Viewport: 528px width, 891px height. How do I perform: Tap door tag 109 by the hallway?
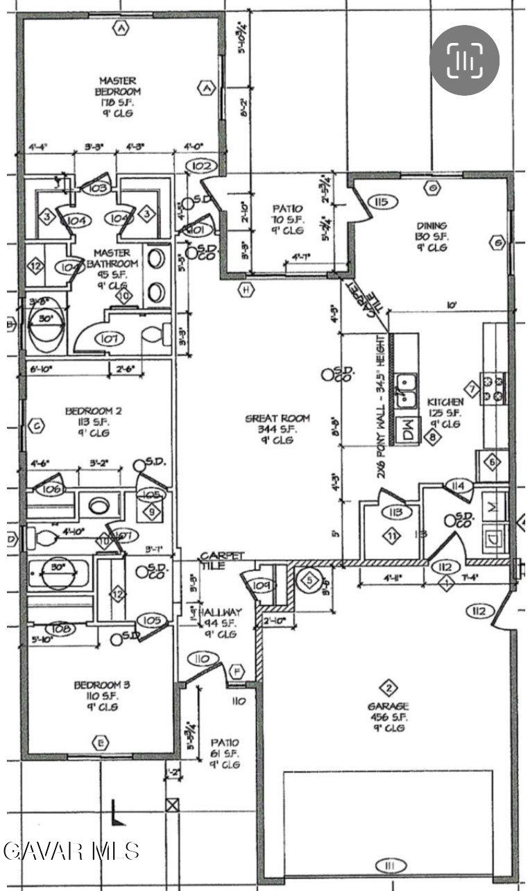point(262,585)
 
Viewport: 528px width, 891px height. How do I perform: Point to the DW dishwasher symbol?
point(404,432)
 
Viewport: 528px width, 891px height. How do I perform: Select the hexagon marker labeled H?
point(245,289)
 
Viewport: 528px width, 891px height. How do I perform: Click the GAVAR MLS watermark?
point(71,850)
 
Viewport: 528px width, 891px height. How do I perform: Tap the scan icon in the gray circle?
point(464,61)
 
